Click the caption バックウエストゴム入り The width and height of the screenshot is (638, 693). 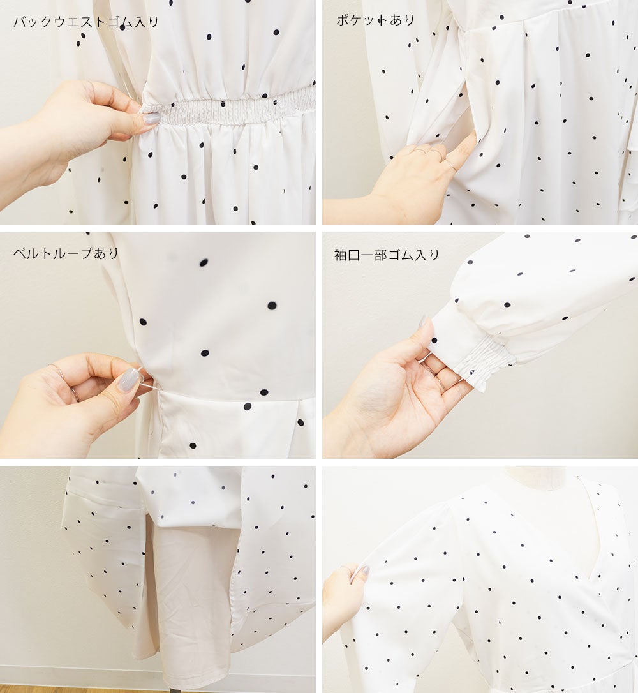85,22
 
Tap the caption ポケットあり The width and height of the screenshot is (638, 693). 376,20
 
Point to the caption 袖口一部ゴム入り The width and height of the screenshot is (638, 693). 387,255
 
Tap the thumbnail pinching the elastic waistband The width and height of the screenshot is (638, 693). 151,119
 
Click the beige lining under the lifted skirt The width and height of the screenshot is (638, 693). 190,606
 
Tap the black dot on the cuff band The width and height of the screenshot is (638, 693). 434,340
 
